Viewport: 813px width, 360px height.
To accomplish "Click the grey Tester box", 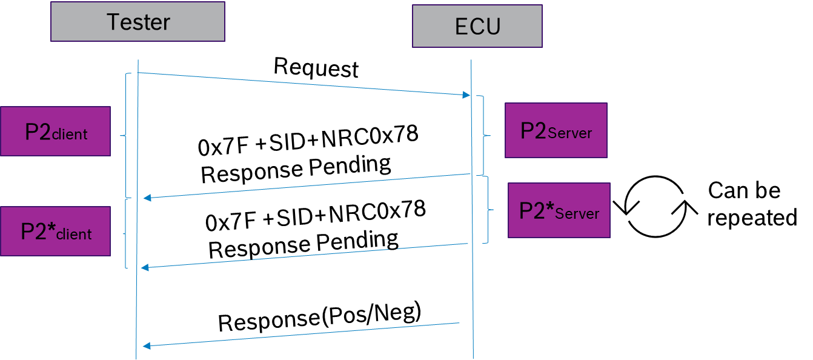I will click(x=138, y=21).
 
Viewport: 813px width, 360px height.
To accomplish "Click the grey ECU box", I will click(x=477, y=26).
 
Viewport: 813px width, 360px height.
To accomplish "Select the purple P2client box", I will click(x=55, y=132).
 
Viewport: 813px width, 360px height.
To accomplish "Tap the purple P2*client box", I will click(x=55, y=231).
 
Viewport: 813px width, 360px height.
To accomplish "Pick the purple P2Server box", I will click(x=556, y=130).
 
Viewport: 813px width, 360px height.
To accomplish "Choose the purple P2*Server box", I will click(x=559, y=210).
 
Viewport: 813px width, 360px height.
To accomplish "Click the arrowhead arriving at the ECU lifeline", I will click(x=466, y=95).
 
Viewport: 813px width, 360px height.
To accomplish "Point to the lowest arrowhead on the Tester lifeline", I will click(x=146, y=345).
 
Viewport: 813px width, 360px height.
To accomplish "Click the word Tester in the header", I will click(x=138, y=22).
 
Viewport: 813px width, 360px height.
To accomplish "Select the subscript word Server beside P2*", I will click(x=577, y=213).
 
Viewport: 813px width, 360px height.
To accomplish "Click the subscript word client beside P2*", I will click(x=74, y=235).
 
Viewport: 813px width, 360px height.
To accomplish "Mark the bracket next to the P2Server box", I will click(x=484, y=135).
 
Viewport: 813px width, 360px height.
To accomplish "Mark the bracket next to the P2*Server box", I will click(x=488, y=210).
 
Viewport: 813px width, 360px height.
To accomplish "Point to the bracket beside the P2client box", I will click(x=125, y=135).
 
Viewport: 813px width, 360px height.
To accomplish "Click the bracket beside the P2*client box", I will click(x=125, y=233).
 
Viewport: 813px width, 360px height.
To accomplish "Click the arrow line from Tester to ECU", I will click(x=303, y=84).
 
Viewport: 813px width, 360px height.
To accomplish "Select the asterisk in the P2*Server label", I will click(x=549, y=207).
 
